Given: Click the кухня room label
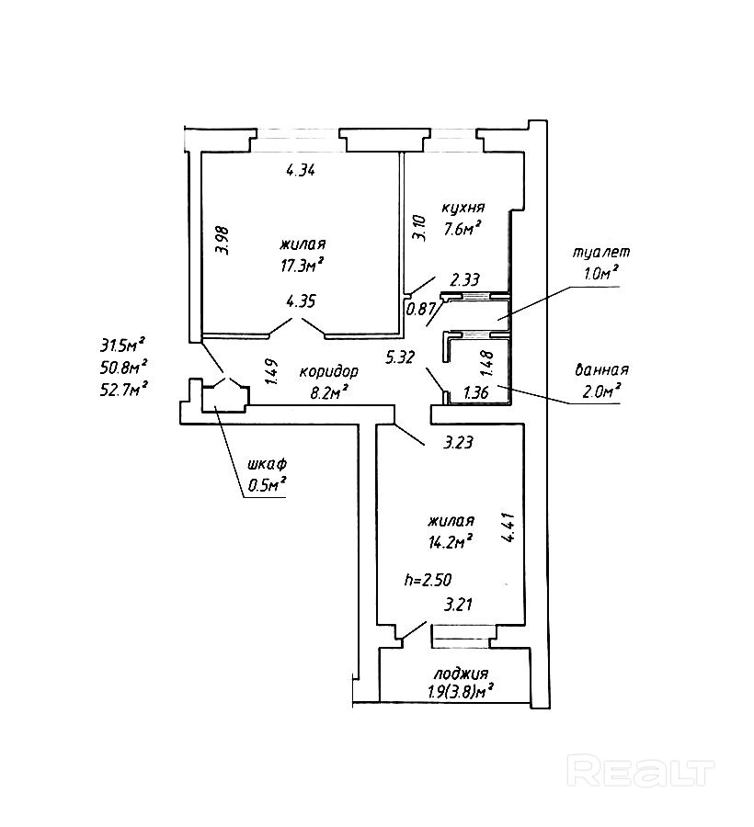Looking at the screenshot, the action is (463, 209).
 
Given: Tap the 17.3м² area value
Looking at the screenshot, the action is (302, 264).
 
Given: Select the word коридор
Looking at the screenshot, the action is (328, 372).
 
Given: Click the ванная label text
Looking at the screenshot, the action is (601, 369).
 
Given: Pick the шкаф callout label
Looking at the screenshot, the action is (267, 465).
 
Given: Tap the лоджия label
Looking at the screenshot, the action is (461, 674).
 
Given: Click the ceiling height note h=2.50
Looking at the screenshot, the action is (428, 580).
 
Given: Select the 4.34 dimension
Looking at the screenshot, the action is (301, 170).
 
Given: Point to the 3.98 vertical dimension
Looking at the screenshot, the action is (224, 241).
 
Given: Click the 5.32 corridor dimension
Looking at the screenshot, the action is (401, 358).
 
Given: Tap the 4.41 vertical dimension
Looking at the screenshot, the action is (509, 527).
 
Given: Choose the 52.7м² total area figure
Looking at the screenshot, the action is (123, 390).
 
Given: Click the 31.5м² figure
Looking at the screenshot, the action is (123, 346).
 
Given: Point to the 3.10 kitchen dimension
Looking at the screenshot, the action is (420, 227).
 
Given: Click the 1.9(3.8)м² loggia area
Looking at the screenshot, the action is (461, 690).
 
